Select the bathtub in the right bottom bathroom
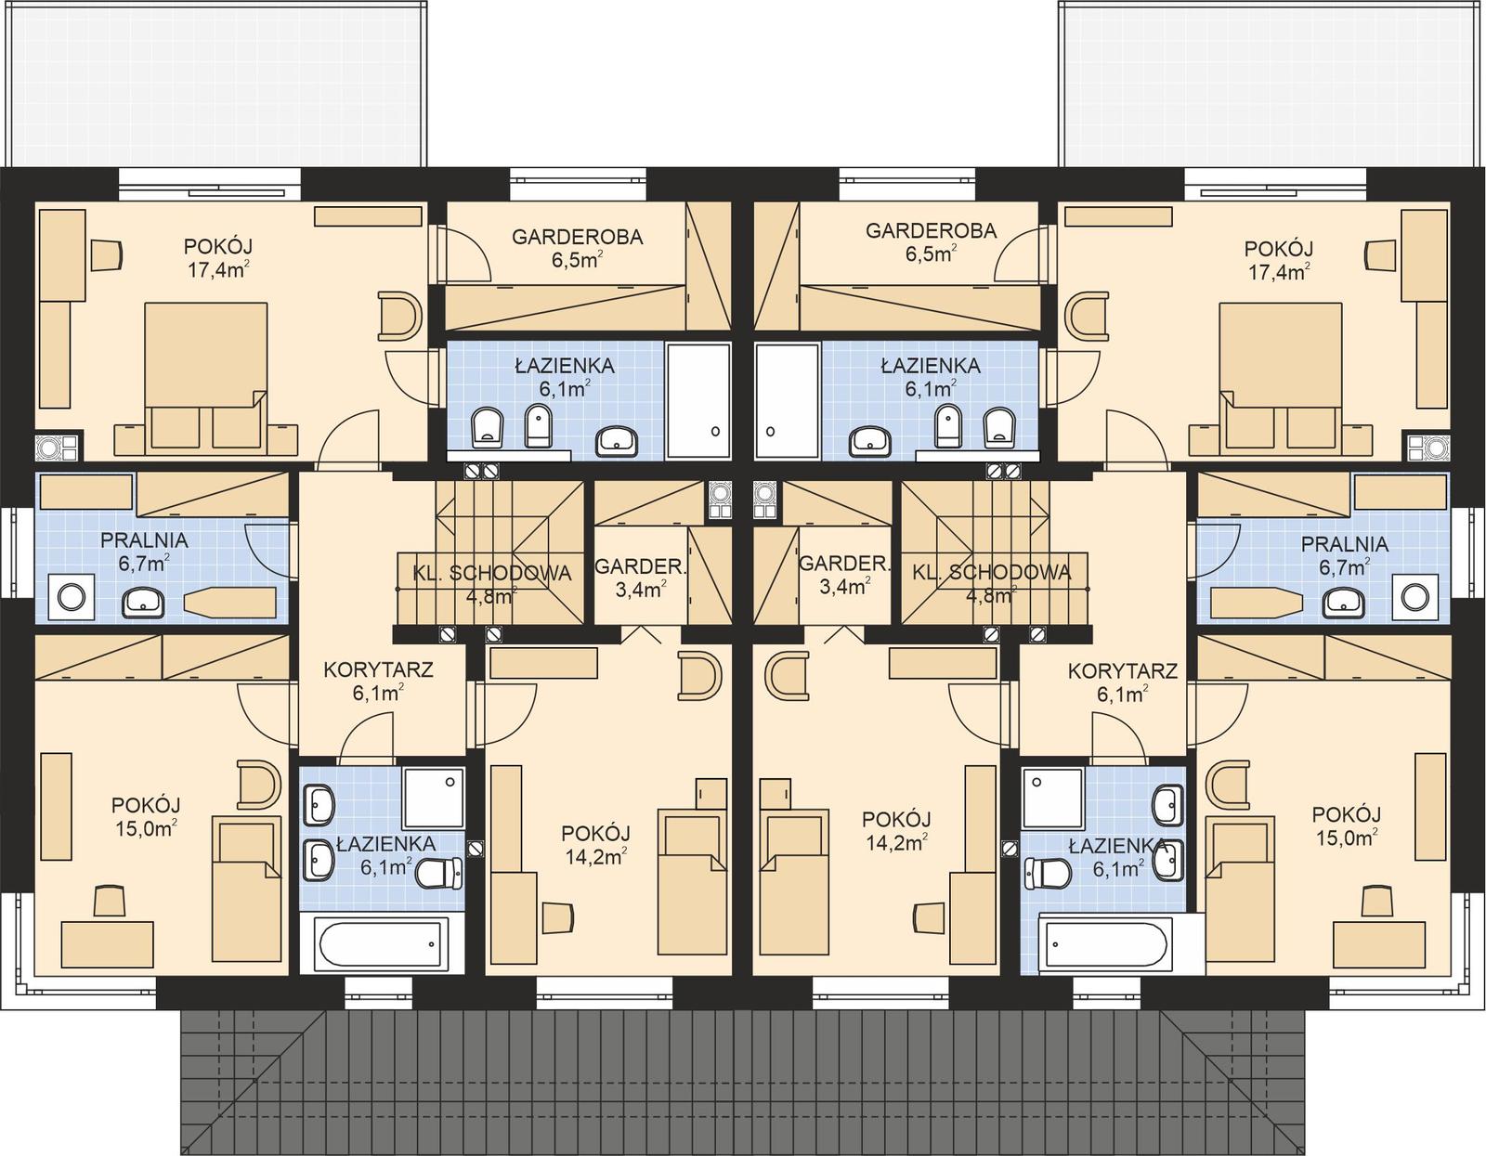coord(1105,946)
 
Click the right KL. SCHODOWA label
coord(992,573)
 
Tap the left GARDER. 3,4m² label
coord(639,576)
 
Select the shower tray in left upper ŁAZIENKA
coord(698,401)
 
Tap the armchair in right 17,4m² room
coord(1088,316)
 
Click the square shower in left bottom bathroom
coord(433,797)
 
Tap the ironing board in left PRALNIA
coord(231,603)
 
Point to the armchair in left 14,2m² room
coord(698,675)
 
